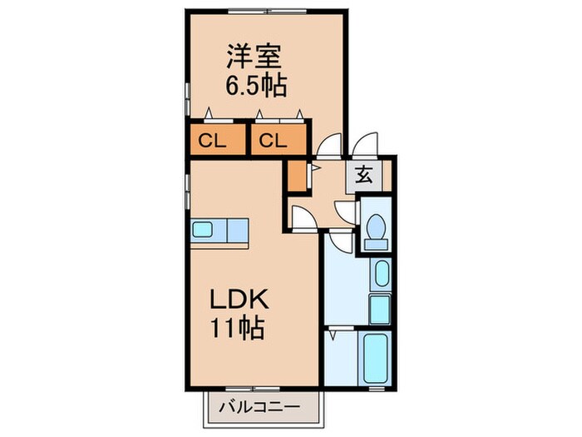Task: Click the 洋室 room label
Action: click(254, 57)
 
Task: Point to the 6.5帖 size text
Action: click(254, 85)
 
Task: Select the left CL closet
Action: click(213, 141)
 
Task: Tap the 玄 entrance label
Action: click(365, 175)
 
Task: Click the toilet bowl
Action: click(376, 226)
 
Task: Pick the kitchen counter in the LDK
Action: click(220, 231)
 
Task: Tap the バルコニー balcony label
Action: click(260, 408)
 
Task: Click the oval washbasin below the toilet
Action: click(381, 275)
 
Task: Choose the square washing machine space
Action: click(380, 309)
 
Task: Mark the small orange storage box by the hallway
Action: click(297, 175)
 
